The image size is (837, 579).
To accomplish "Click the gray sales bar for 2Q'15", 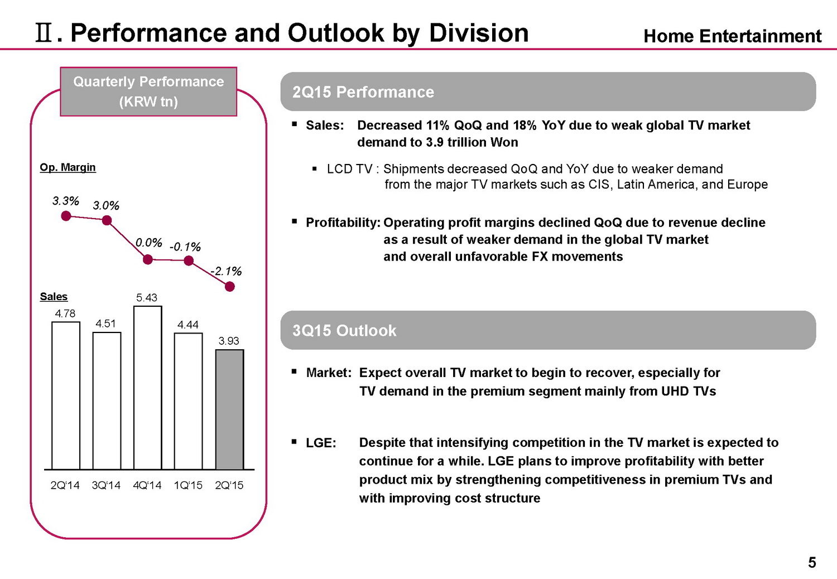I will point(229,409).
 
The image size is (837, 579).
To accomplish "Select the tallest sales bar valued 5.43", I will point(148,388).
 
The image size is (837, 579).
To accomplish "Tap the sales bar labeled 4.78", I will point(66,395).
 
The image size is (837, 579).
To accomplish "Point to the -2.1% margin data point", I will point(229,287).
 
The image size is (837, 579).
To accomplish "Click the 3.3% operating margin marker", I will point(66,216).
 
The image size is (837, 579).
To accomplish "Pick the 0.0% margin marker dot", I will point(148,259).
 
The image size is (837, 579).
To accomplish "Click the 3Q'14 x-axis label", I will point(106,485).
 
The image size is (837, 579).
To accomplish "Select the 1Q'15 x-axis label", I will point(188,485).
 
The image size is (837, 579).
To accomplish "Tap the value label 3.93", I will point(229,341).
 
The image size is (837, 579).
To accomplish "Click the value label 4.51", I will point(105,324).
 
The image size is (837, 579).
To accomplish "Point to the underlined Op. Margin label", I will point(68,167).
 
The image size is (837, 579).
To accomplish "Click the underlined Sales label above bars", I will point(54,297).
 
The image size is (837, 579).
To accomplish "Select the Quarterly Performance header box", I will point(148,91).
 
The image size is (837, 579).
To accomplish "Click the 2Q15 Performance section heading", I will point(363,92).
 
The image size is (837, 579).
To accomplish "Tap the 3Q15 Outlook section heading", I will point(344,331).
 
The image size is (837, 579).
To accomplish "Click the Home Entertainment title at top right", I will point(732,36).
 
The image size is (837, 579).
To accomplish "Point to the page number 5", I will point(812,563).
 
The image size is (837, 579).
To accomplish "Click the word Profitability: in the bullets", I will point(343,223).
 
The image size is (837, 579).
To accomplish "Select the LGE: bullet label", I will point(321,443).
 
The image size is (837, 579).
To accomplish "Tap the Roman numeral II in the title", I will point(44,34).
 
